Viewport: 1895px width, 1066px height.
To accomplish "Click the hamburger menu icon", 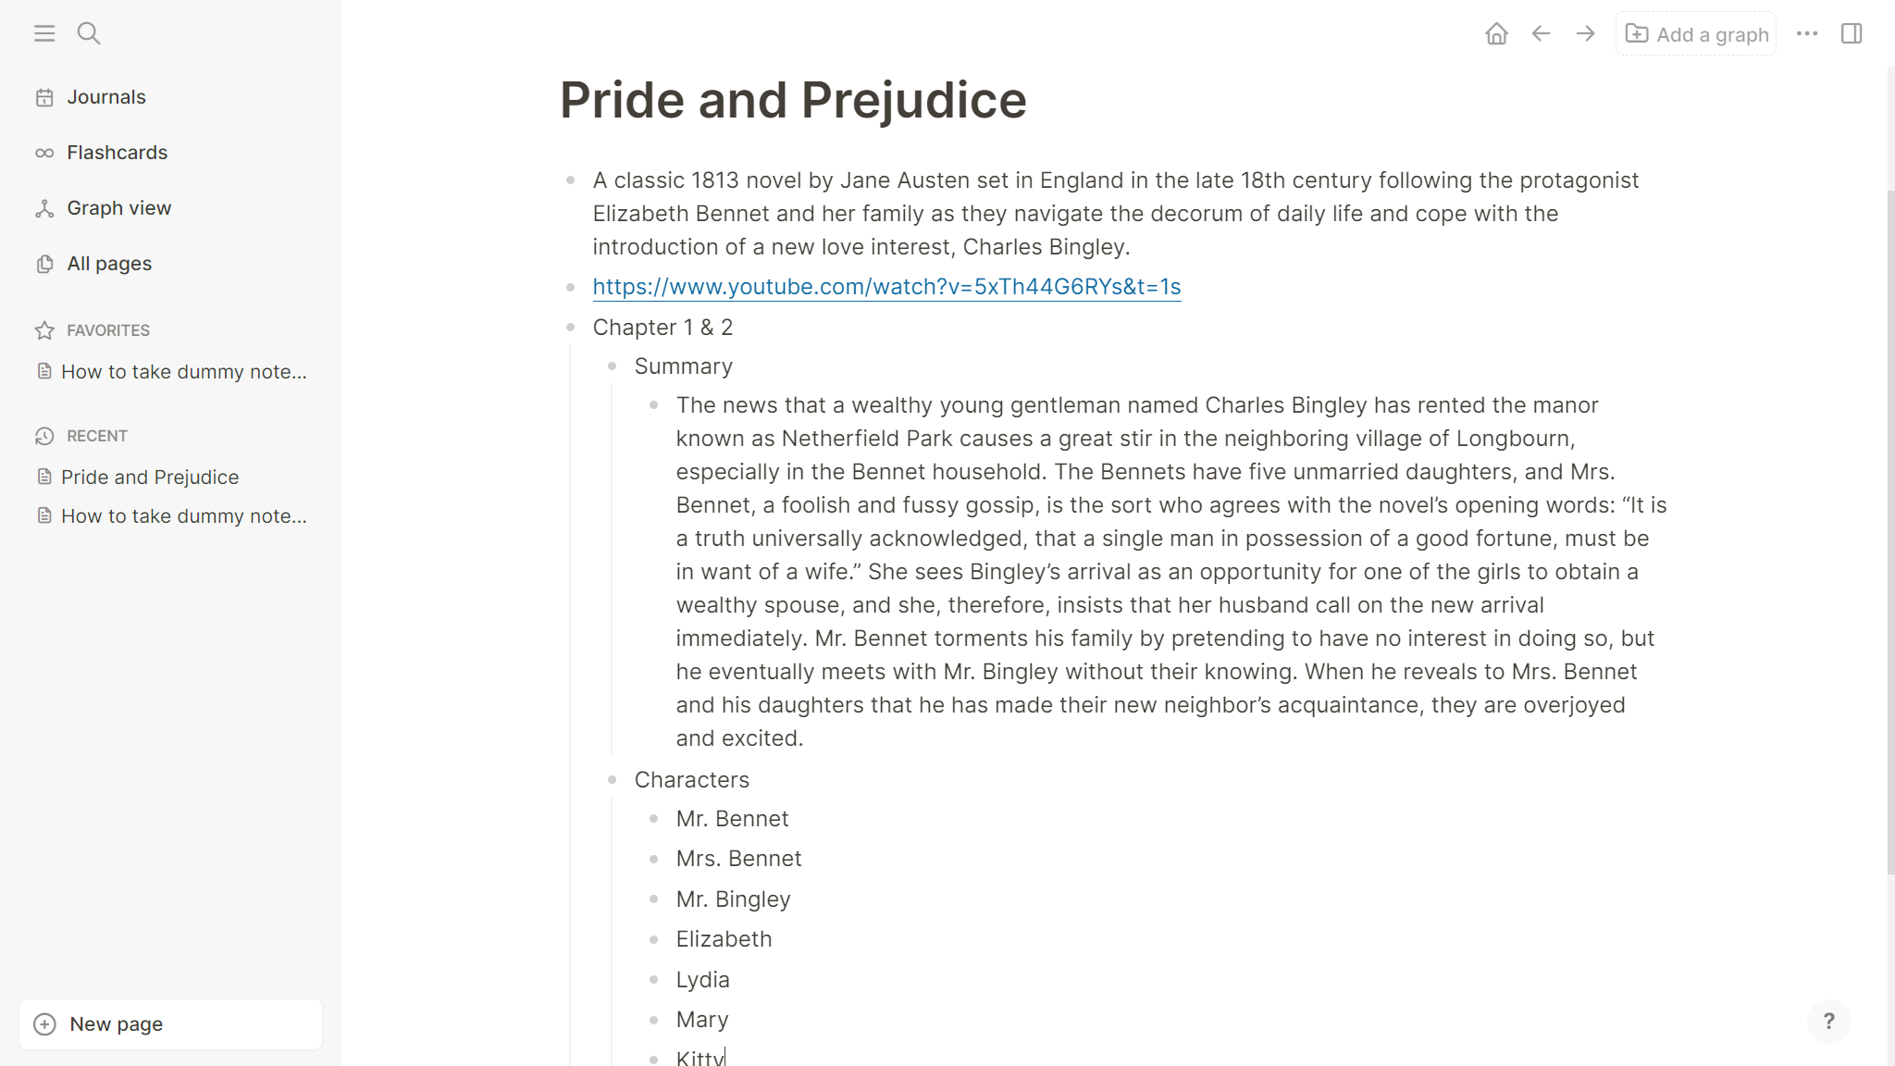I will point(44,34).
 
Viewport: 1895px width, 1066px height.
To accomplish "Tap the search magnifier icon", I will point(89,34).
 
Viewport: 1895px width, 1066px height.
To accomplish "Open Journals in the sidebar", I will point(105,97).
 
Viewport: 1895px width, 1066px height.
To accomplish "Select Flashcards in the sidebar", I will point(117,153).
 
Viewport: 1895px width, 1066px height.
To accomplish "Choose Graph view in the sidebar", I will point(118,208).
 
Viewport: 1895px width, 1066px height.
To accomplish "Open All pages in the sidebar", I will point(109,264).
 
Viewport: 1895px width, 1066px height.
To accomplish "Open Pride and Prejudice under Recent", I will point(150,477).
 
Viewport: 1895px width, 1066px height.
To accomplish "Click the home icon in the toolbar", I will point(1496,34).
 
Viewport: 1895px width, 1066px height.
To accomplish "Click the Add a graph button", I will point(1696,34).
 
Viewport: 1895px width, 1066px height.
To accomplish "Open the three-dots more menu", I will point(1807,34).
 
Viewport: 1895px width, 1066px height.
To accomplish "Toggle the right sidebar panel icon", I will point(1852,34).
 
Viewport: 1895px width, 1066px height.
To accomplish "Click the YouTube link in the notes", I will point(886,287).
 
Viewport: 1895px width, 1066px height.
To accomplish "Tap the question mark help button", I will point(1828,1022).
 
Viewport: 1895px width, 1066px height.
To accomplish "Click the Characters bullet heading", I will point(691,780).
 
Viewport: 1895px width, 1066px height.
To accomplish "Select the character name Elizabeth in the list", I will point(724,939).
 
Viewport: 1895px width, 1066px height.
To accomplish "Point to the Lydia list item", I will point(702,980).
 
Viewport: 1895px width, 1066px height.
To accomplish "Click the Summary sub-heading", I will point(683,366).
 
